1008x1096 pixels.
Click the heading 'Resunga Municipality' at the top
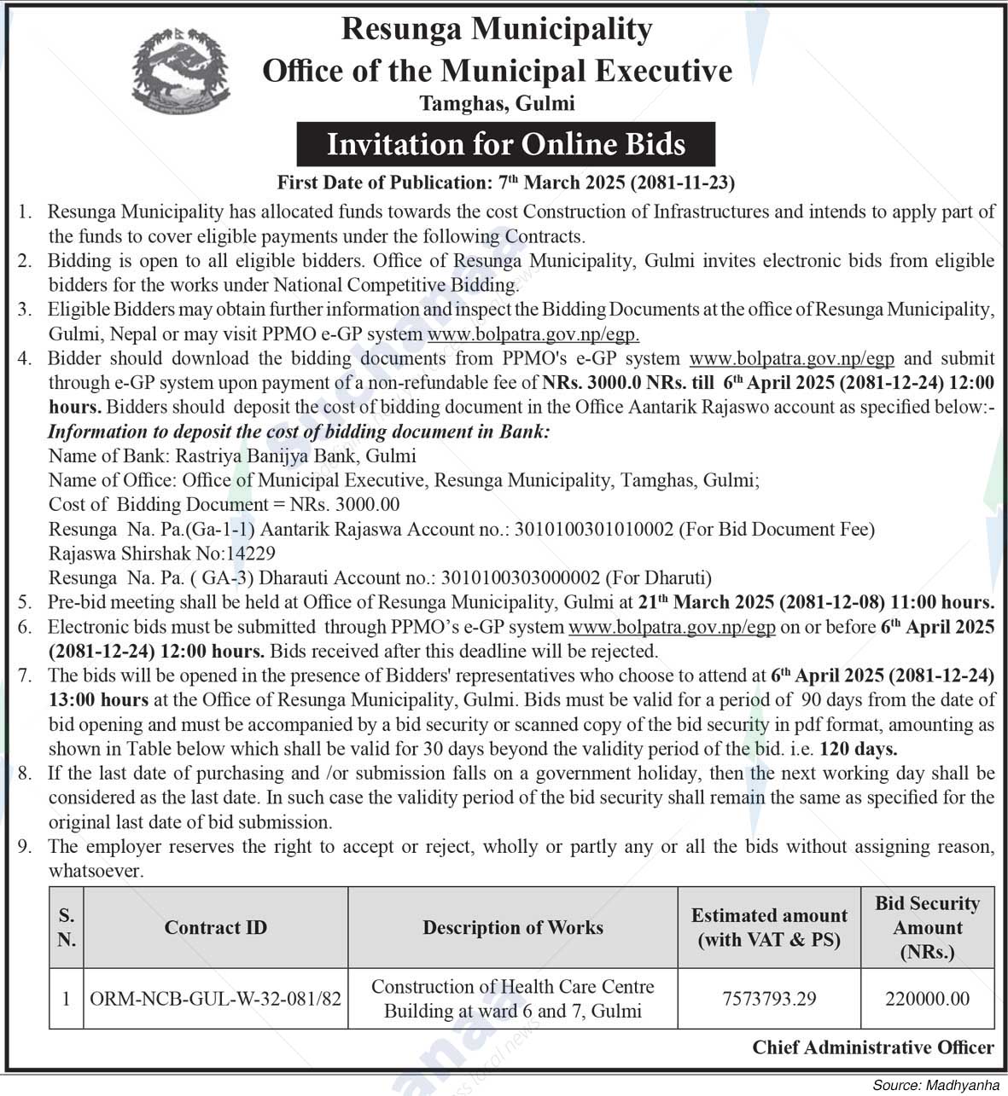[x=497, y=29]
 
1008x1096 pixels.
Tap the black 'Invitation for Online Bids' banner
[x=505, y=143]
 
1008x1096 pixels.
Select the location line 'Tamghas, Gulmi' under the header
[x=497, y=103]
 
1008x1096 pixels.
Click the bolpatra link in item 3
[x=533, y=334]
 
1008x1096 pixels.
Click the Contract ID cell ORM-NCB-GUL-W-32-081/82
[x=215, y=998]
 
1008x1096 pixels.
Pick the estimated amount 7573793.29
[x=769, y=998]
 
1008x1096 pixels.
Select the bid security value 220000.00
[x=927, y=998]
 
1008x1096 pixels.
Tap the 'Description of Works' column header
[x=512, y=927]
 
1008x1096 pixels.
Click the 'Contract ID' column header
[x=215, y=927]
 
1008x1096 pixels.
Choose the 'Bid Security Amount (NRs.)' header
[x=927, y=927]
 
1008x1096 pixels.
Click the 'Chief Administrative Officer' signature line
[x=872, y=1047]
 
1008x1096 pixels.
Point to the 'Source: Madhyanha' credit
[x=935, y=1085]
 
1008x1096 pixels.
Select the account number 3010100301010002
[x=593, y=529]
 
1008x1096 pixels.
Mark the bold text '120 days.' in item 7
[x=858, y=750]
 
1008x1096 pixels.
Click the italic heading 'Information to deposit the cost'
[x=299, y=432]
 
